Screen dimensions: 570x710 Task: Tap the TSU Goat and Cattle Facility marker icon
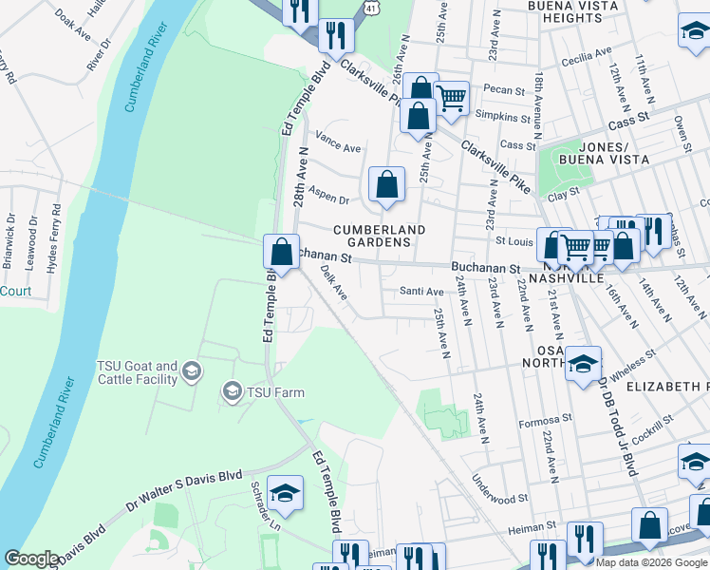point(193,371)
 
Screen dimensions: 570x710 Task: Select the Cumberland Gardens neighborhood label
point(378,236)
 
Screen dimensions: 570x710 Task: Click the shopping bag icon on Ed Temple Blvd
point(281,254)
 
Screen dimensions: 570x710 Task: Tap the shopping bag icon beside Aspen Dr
point(386,185)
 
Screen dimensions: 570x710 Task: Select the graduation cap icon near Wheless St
point(583,364)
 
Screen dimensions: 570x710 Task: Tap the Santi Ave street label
point(421,292)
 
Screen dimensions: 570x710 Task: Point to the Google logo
point(31,559)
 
